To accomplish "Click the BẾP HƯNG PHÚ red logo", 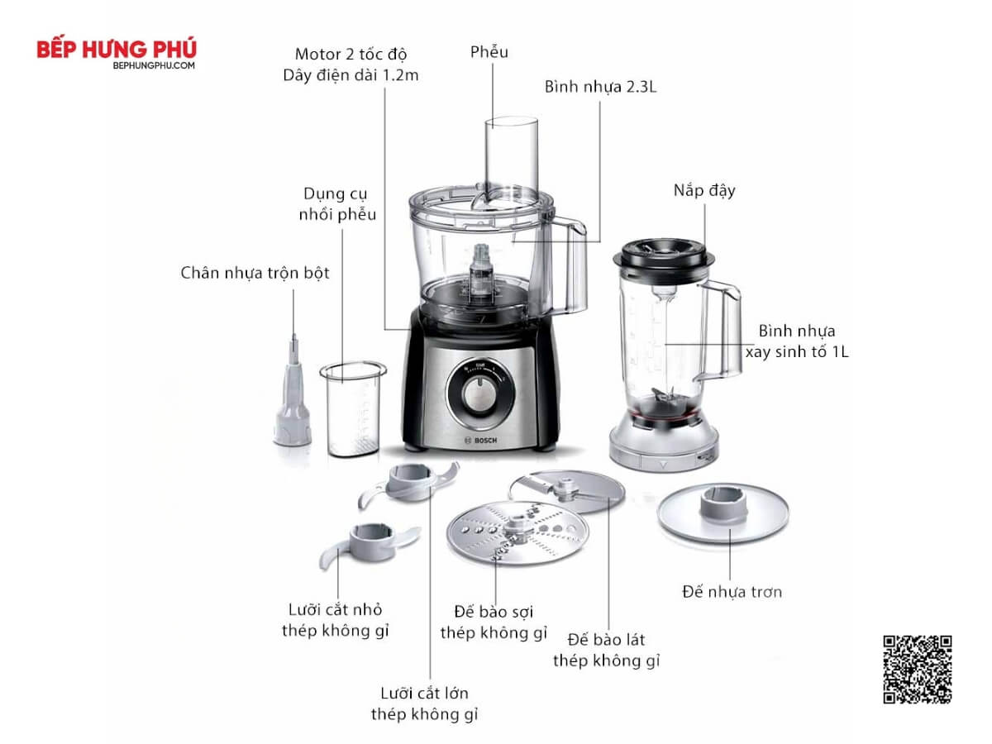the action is [x=117, y=49].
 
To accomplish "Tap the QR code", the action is [x=918, y=669].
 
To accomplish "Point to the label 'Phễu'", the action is [x=489, y=52].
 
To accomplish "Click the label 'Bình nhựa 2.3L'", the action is [x=600, y=87].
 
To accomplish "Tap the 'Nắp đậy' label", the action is [x=704, y=190].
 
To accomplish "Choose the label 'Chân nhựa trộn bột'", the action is [x=255, y=273].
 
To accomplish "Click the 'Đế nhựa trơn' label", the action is [x=732, y=592].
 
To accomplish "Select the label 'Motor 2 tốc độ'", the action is [x=351, y=55].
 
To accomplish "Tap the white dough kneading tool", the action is [x=293, y=398].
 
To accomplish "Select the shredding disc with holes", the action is [x=517, y=532].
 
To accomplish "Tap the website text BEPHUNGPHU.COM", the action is [x=154, y=65].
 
